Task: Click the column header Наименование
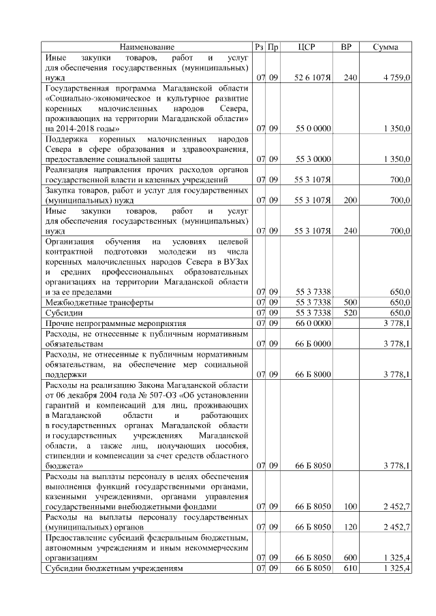(147, 47)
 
